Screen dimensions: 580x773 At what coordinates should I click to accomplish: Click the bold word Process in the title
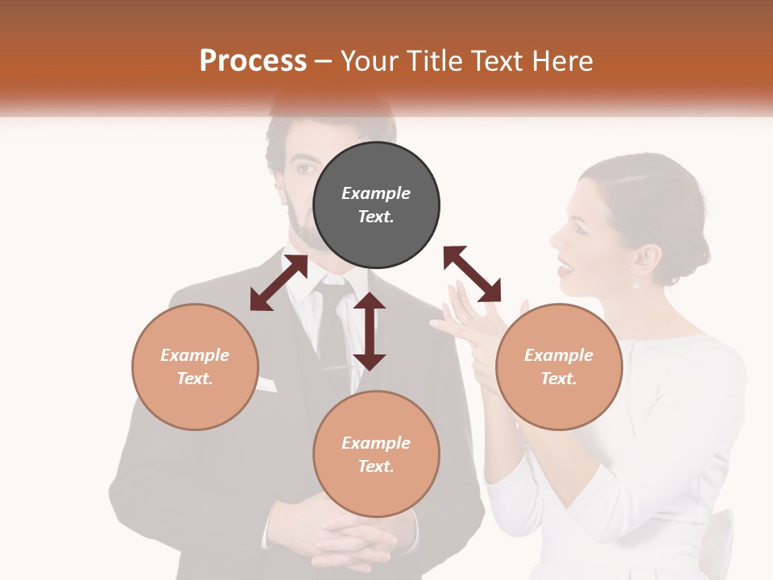tap(253, 61)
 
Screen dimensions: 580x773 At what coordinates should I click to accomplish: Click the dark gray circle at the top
tap(376, 205)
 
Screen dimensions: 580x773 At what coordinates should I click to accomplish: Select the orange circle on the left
tap(195, 367)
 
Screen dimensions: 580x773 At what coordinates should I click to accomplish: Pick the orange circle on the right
tap(559, 367)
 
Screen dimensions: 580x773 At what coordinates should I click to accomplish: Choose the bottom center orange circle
tap(376, 454)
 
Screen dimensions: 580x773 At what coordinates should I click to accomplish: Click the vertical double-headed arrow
tap(370, 331)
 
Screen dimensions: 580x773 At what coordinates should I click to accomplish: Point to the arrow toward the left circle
tap(279, 283)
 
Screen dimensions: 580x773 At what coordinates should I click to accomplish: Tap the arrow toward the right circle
tap(472, 274)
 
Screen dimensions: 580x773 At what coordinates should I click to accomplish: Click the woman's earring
tap(635, 284)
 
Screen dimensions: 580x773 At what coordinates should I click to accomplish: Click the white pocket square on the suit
tap(266, 384)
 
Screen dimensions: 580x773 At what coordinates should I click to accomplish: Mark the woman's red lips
tap(564, 265)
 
